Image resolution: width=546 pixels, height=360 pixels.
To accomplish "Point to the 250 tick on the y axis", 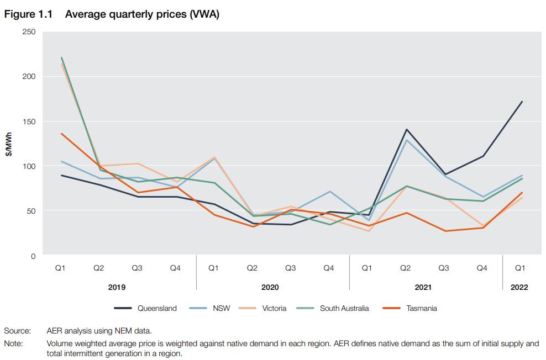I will [x=29, y=32].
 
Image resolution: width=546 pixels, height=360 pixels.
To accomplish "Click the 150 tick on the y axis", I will [x=29, y=121].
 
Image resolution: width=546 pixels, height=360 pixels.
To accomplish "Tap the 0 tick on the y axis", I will [x=33, y=256].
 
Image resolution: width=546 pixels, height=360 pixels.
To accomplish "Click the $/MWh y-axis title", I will [x=9, y=145].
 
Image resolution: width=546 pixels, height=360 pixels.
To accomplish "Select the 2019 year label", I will [x=117, y=288].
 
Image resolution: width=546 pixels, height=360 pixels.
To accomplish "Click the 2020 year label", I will [x=270, y=288].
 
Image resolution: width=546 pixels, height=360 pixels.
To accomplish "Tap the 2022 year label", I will [x=519, y=288].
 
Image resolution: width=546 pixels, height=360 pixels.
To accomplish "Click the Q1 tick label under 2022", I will [x=520, y=268].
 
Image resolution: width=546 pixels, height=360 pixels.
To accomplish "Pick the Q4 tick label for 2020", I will [x=328, y=268].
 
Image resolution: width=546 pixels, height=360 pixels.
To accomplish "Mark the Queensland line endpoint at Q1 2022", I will [x=522, y=102].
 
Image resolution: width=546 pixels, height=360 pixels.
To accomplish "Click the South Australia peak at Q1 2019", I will [x=61, y=57].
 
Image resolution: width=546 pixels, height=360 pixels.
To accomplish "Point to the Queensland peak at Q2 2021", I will [x=406, y=130].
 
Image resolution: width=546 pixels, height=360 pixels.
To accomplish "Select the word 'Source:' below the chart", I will [x=17, y=331].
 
